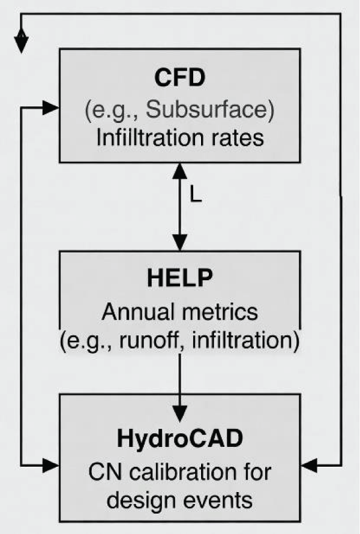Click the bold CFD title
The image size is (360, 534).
(x=179, y=79)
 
